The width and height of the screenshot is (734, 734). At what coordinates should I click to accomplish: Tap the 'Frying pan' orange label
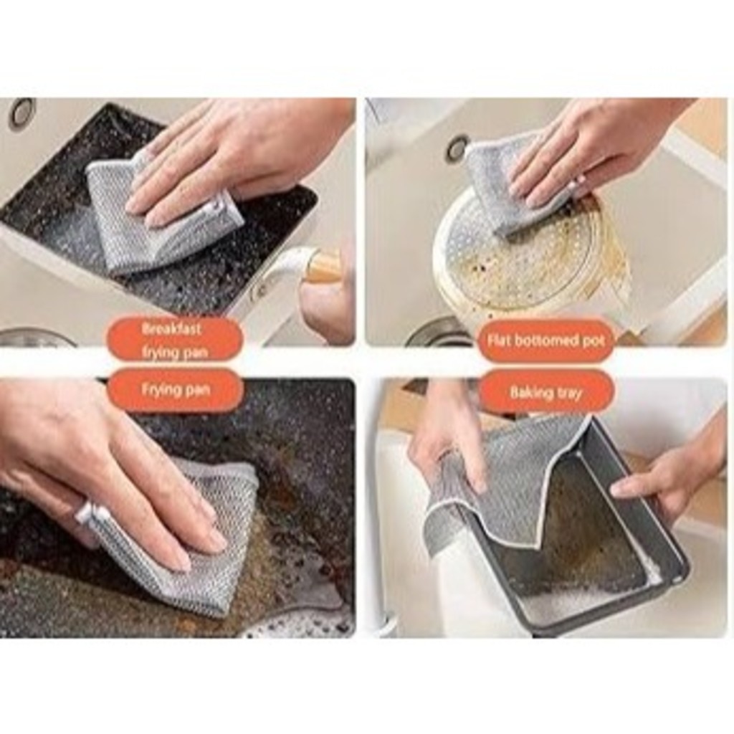175,390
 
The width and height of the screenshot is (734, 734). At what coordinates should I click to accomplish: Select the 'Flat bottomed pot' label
545,340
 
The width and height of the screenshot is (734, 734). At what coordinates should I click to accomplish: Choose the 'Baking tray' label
545,392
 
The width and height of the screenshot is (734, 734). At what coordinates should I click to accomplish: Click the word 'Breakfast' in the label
171,328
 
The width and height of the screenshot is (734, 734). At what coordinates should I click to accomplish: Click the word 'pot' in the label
594,340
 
